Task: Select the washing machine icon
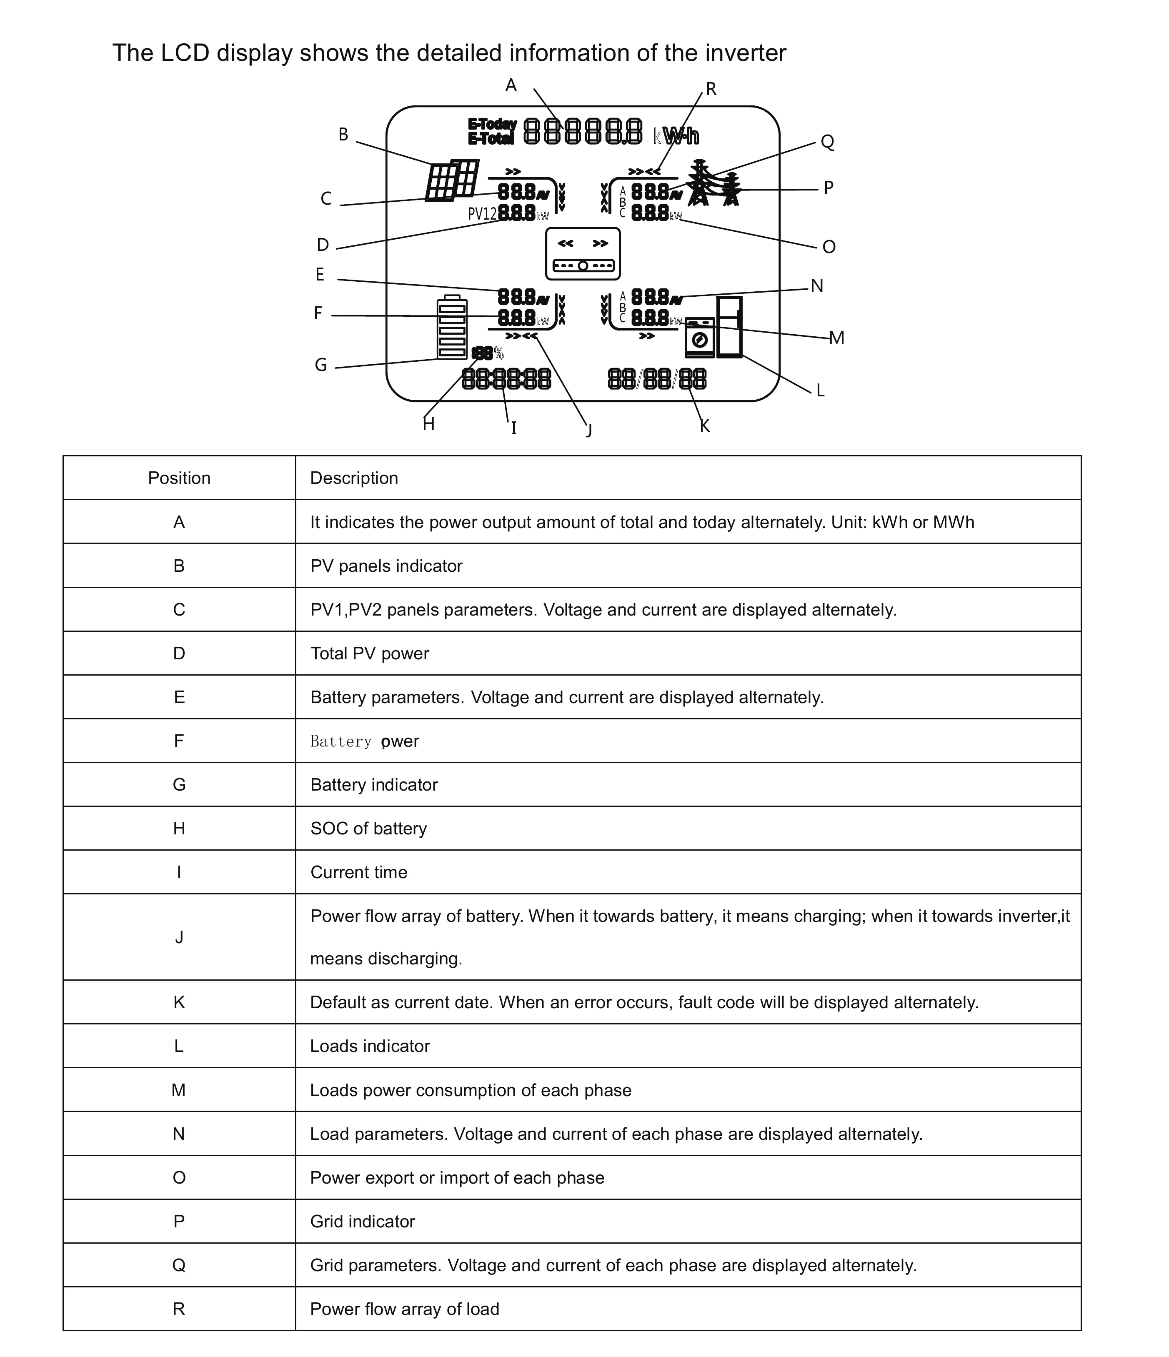pyautogui.click(x=699, y=337)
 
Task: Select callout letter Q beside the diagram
pyautogui.click(x=827, y=142)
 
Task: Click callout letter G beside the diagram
pyautogui.click(x=321, y=365)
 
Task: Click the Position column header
pyautogui.click(x=179, y=478)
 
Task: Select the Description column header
pyautogui.click(x=354, y=478)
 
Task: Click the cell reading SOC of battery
pyautogui.click(x=368, y=829)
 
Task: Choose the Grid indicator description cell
pyautogui.click(x=362, y=1222)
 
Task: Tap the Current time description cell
pyautogui.click(x=358, y=872)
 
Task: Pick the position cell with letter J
pyautogui.click(x=179, y=937)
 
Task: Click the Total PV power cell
pyautogui.click(x=369, y=653)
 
